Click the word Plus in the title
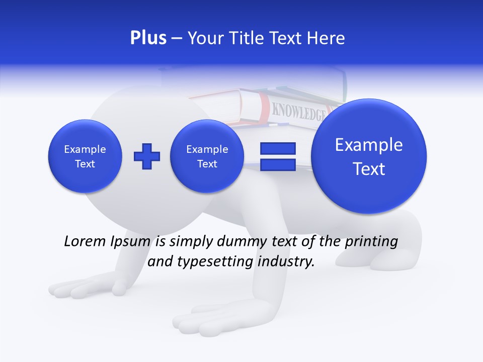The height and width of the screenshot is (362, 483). pyautogui.click(x=148, y=38)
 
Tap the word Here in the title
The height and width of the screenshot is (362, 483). pyautogui.click(x=326, y=38)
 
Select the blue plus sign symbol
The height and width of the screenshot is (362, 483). pyautogui.click(x=146, y=156)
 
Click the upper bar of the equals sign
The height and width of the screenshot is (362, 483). pyautogui.click(x=278, y=148)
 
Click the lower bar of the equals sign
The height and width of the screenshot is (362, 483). pyautogui.click(x=278, y=165)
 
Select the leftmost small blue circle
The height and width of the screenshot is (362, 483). pyautogui.click(x=85, y=156)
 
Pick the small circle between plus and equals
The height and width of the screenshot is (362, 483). pyautogui.click(x=207, y=156)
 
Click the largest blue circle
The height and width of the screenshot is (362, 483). pyautogui.click(x=369, y=156)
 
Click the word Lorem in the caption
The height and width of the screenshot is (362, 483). pyautogui.click(x=84, y=241)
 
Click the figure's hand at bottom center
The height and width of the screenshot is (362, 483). pyautogui.click(x=201, y=319)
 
